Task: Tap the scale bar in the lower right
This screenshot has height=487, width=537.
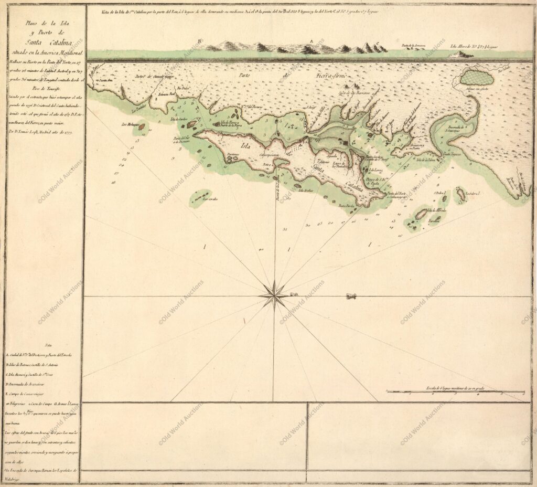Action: [x=455, y=391]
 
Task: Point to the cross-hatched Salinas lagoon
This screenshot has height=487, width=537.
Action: [x=476, y=79]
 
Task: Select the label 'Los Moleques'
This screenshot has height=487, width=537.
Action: [x=130, y=125]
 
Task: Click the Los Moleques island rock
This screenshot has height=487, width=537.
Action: [x=141, y=127]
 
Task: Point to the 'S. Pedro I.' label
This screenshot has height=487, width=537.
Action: [x=439, y=193]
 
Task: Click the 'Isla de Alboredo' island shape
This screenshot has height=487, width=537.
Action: [x=421, y=214]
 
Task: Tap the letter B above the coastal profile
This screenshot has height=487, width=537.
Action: [x=198, y=40]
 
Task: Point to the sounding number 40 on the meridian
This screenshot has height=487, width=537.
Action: [x=261, y=249]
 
